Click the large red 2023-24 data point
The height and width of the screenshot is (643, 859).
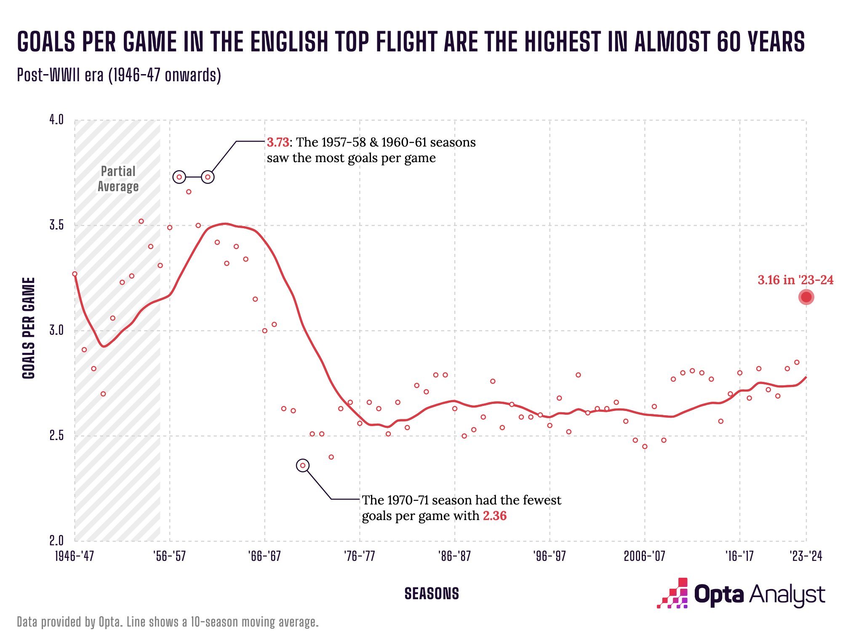pos(806,297)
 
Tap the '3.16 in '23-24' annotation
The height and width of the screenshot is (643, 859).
pos(795,280)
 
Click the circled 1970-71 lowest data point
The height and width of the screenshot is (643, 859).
pos(303,466)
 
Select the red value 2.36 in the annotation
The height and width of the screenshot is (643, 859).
pos(494,516)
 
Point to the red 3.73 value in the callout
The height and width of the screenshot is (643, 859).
pos(278,142)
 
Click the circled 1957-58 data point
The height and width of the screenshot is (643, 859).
pos(179,177)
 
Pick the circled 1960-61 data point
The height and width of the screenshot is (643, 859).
pos(208,177)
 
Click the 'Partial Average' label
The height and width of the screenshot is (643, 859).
pos(118,179)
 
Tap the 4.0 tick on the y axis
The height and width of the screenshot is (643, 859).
pos(56,120)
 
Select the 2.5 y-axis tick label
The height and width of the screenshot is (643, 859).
pos(56,435)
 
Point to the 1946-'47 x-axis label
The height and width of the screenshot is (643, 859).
pos(75,556)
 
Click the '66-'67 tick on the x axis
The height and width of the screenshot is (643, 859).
pos(264,556)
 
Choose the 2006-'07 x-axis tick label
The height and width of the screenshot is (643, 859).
pos(644,556)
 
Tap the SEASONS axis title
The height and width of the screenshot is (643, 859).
pos(432,594)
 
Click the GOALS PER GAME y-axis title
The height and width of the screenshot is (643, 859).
pos(29,328)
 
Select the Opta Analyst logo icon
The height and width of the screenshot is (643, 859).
pos(672,594)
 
